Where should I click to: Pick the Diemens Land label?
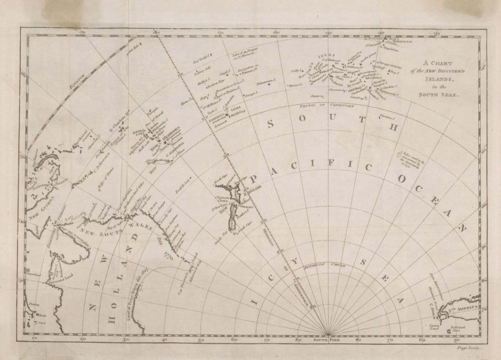tap(47, 285)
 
